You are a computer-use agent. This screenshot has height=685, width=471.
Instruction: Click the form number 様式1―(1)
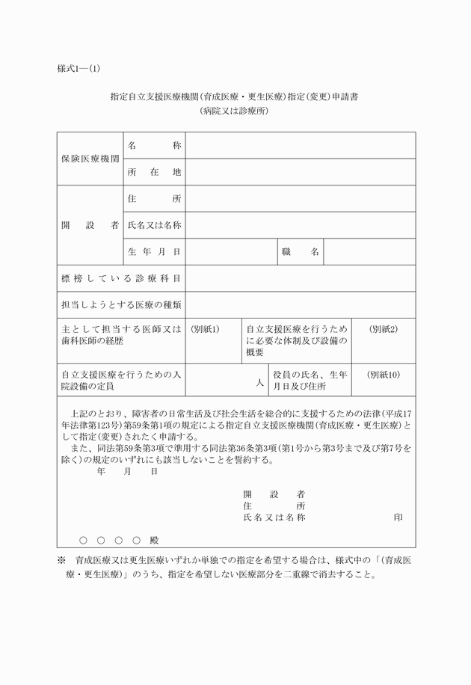coord(78,69)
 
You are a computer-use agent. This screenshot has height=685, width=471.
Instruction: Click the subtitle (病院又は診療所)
coord(234,111)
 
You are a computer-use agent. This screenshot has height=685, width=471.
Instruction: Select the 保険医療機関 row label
coord(90,159)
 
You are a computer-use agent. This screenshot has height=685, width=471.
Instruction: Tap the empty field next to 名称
coord(301,145)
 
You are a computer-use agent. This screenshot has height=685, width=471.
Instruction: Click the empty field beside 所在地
coord(301,172)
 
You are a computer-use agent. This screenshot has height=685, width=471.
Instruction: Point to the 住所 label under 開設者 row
coord(154,199)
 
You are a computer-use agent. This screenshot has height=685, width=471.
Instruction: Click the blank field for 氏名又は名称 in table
coord(301,225)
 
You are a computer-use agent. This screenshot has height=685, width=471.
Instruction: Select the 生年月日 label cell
coord(154,252)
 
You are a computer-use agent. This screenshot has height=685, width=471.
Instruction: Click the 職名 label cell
coord(301,252)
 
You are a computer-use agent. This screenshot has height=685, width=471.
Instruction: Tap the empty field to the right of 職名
coord(369,252)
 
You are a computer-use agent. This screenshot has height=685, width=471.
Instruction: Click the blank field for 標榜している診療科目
coord(301,278)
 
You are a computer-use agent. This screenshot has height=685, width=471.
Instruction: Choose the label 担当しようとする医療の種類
coord(121,305)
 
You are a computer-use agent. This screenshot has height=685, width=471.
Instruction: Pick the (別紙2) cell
coord(384,329)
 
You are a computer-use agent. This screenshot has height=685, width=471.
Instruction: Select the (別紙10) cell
coord(384,375)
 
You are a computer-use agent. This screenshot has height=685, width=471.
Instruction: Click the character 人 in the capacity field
coord(259,382)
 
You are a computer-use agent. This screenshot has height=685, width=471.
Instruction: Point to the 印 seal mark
coord(398,517)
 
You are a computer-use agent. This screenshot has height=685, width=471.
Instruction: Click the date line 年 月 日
coord(127,472)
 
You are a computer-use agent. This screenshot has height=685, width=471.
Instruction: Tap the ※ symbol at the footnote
coord(61,560)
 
